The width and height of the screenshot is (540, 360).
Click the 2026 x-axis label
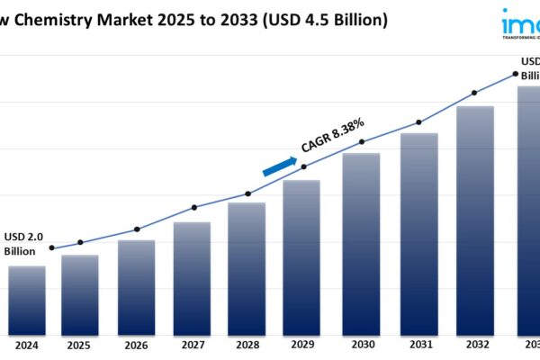[136, 345]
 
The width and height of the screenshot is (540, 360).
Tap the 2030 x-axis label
[362, 345]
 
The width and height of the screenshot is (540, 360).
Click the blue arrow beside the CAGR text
[280, 166]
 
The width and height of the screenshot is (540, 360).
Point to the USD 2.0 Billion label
[23, 243]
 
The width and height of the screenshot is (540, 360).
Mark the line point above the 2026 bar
[137, 229]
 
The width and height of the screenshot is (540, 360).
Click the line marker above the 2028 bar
[248, 193]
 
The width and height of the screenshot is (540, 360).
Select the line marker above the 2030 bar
[362, 142]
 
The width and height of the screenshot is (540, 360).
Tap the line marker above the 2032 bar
[474, 93]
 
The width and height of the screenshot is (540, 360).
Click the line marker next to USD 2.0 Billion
[51, 247]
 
